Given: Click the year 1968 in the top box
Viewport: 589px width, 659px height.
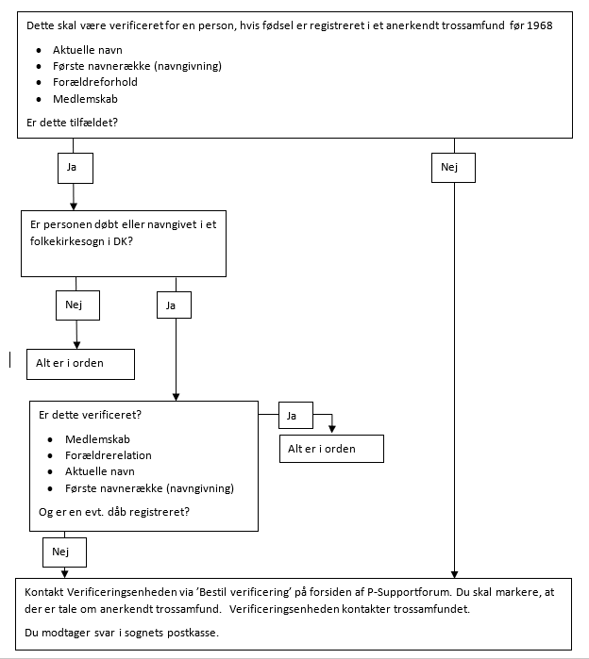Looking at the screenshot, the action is click(x=540, y=25).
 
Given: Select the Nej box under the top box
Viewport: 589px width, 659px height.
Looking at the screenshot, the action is click(x=453, y=168).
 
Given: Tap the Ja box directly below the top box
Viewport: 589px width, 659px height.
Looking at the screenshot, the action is click(x=76, y=168).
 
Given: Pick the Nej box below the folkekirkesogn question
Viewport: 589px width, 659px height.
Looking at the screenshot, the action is click(x=77, y=305).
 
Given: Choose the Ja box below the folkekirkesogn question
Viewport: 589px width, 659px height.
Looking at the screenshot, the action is click(x=175, y=305).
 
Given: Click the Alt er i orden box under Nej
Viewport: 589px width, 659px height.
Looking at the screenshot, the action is click(x=81, y=365).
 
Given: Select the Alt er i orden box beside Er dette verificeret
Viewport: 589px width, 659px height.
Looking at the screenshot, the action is click(x=332, y=449).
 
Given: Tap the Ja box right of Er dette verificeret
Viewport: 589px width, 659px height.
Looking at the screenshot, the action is click(x=295, y=415).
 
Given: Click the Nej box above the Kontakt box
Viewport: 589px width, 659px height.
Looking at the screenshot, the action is click(x=65, y=552).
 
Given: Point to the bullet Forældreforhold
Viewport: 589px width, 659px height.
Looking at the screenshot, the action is click(x=95, y=82).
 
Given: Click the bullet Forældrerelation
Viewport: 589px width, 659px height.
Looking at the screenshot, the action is click(x=109, y=455).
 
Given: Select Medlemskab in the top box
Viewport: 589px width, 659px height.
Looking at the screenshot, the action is click(x=85, y=99).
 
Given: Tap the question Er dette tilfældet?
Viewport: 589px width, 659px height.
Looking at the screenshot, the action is click(x=72, y=123).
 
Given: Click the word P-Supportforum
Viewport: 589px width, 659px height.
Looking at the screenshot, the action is click(x=410, y=592).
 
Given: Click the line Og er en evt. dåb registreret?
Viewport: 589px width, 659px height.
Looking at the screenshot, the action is click(x=114, y=512).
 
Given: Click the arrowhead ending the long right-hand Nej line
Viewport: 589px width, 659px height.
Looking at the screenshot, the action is click(x=454, y=574).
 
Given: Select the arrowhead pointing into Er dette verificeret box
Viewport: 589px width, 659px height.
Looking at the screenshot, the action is click(x=176, y=397).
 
